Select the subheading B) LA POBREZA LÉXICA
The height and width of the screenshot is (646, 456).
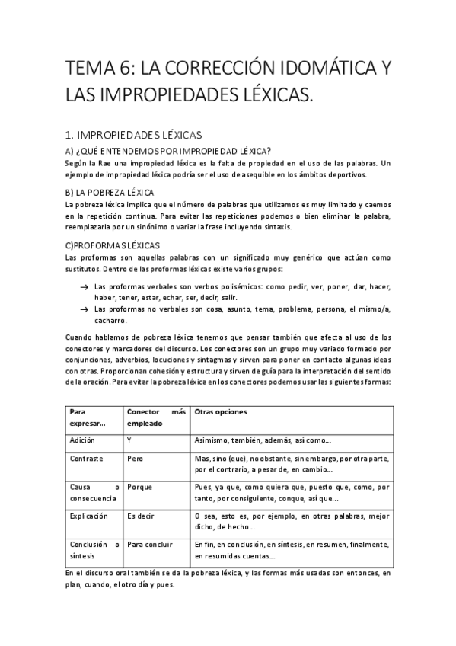click(110, 192)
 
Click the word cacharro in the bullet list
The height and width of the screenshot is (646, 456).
click(110, 321)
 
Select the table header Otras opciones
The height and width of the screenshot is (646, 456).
click(221, 412)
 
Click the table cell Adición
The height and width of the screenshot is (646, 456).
click(82, 441)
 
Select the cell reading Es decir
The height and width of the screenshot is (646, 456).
click(141, 516)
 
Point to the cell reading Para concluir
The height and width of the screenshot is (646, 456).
click(151, 545)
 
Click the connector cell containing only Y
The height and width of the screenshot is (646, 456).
click(130, 441)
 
